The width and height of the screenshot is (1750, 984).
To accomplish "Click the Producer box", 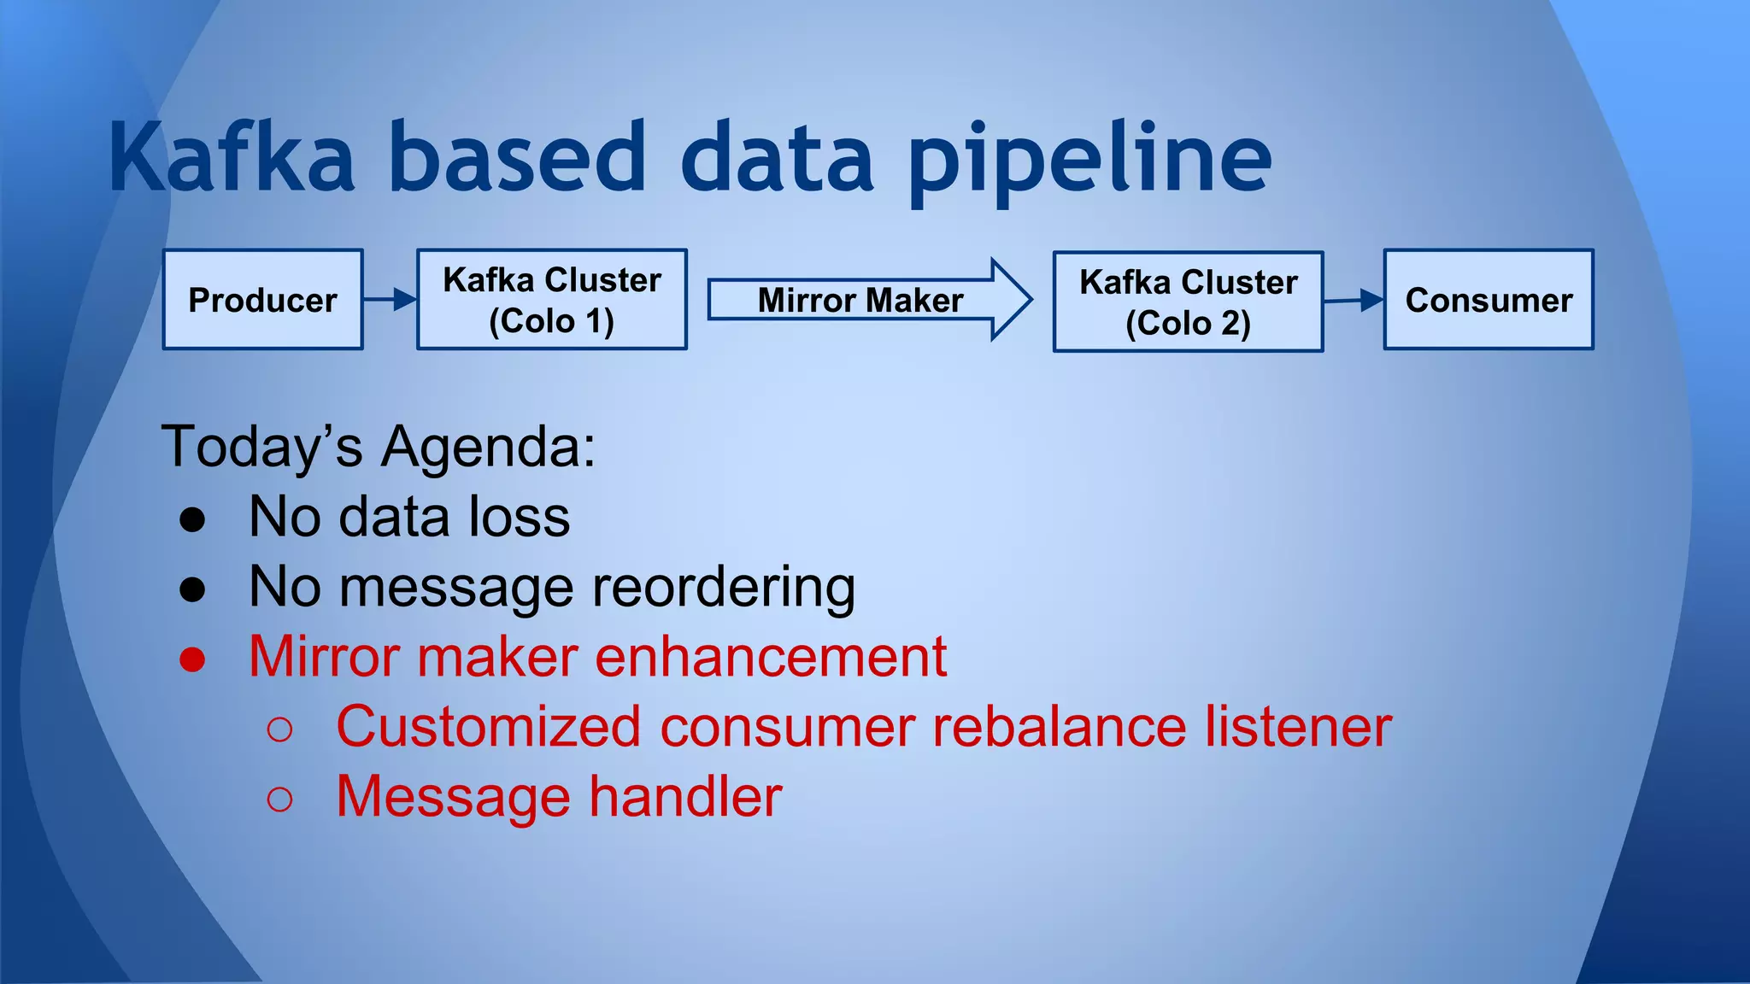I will tap(262, 300).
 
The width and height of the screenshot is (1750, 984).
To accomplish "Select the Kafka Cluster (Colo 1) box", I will tap(551, 300).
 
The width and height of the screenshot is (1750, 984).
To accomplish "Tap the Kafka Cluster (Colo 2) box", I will tap(1188, 302).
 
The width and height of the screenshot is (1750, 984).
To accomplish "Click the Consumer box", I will tap(1488, 300).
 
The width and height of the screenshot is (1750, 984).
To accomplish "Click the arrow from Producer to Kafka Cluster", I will tap(390, 300).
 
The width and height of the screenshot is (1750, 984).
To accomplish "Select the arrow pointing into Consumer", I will tap(1354, 300).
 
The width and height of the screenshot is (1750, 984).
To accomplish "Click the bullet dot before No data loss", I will tap(192, 519).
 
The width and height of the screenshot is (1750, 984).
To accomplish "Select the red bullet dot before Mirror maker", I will tap(192, 659).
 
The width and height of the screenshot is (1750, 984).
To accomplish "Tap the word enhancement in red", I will tap(770, 657).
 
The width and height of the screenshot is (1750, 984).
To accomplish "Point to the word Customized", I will tap(488, 727).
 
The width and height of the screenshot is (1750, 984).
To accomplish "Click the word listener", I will tap(1298, 727).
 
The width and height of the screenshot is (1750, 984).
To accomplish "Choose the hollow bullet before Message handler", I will tap(279, 799).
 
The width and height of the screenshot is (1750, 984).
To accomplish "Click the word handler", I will tap(685, 797).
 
